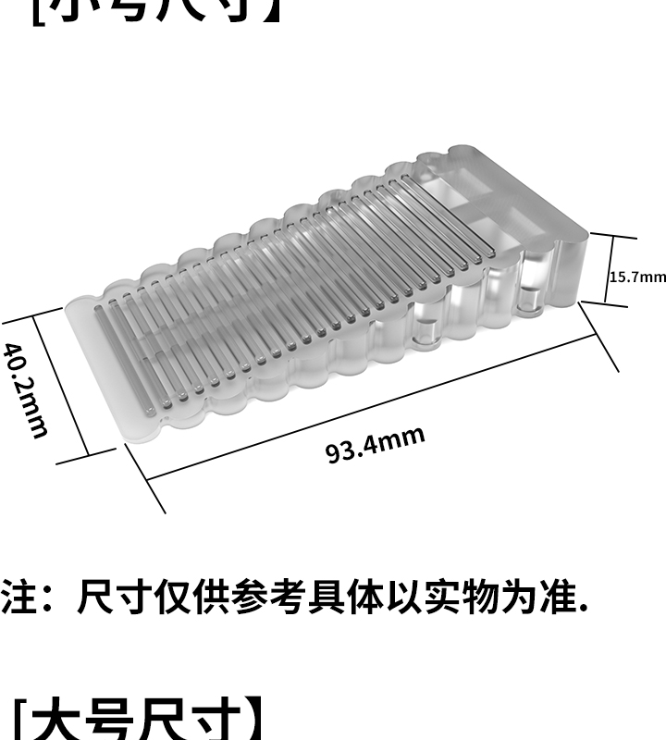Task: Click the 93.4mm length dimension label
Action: [376, 445]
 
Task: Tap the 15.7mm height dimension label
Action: [637, 277]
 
